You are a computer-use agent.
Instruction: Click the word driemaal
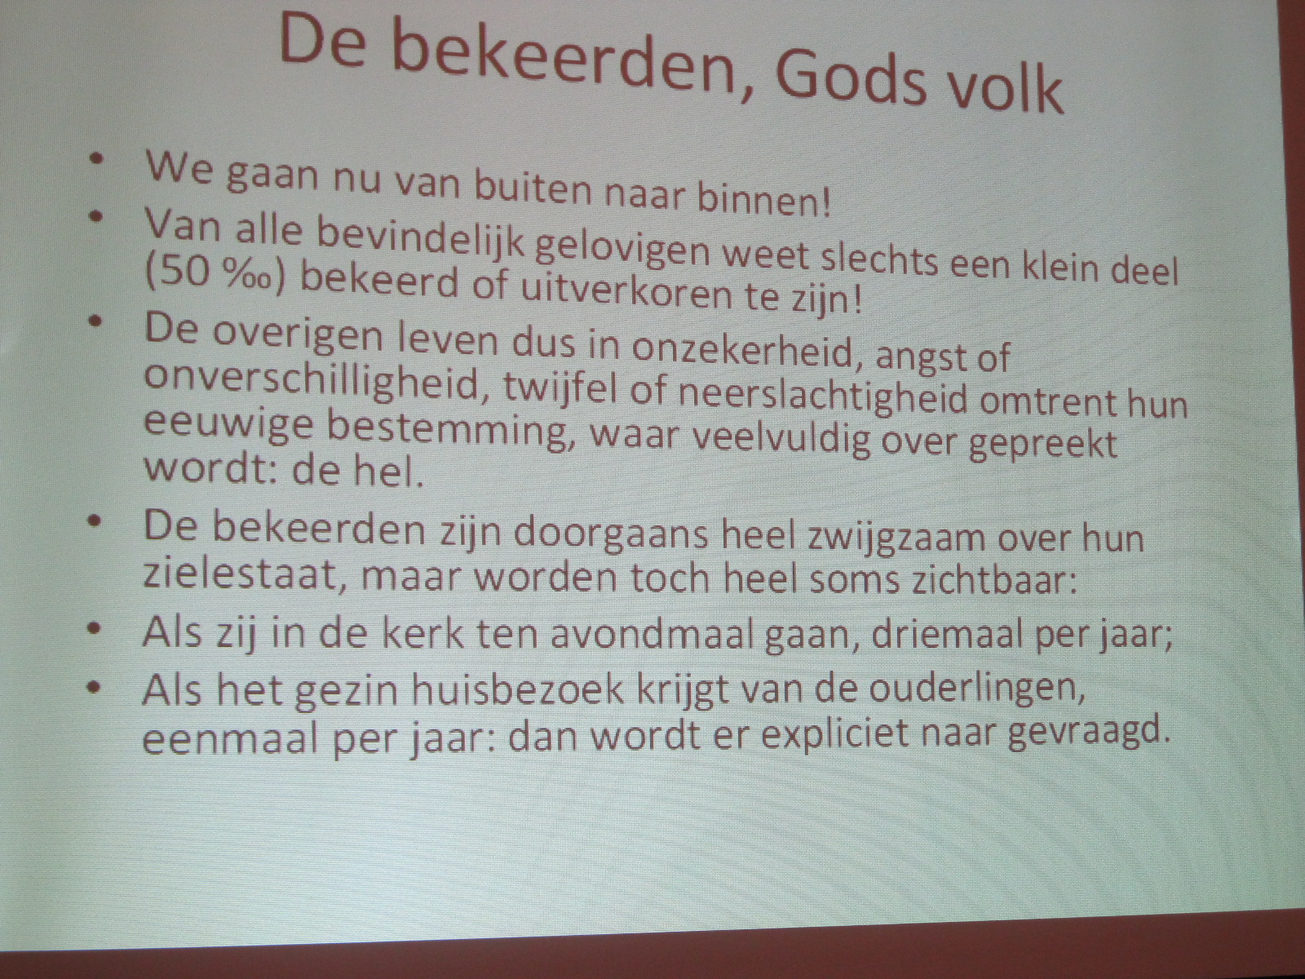coord(949,634)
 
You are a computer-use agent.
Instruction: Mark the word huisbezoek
coord(518,689)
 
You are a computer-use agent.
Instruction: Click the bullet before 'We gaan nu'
coord(98,159)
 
